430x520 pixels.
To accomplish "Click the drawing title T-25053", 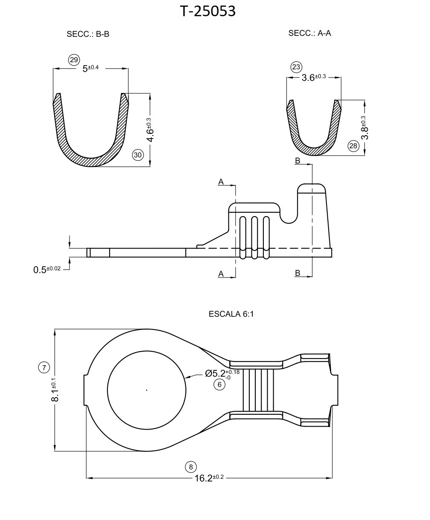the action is (208, 12).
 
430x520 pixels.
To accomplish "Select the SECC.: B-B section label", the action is (88, 34).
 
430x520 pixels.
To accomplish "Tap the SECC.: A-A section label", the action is (309, 33).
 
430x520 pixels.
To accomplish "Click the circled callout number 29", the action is (74, 60).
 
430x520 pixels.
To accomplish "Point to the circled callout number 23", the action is (296, 67).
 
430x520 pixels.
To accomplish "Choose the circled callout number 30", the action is (138, 155).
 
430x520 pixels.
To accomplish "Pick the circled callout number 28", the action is (353, 146).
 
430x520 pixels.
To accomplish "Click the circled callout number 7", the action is (44, 367).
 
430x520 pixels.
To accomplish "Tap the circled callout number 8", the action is (191, 467).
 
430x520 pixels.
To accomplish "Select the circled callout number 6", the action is (219, 384).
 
